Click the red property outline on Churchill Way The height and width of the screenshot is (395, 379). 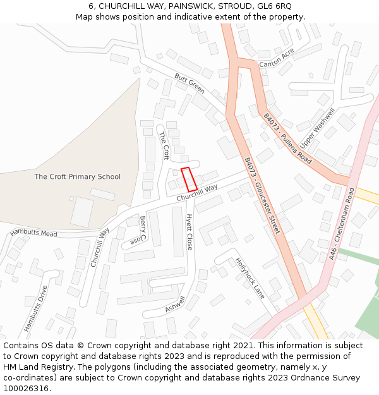189,179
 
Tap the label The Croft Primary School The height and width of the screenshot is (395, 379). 77,177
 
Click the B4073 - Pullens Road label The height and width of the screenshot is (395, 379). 287,139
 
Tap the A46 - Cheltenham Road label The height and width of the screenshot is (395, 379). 342,223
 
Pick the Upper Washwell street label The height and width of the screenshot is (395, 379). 317,127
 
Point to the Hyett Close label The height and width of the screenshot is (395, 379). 189,231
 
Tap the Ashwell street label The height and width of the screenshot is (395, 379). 175,304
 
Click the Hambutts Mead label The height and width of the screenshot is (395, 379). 33,233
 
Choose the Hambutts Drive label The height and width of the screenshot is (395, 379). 35,309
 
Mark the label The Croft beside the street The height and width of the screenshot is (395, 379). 164,145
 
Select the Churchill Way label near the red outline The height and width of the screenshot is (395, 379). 197,193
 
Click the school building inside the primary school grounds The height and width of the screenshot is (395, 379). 82,212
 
